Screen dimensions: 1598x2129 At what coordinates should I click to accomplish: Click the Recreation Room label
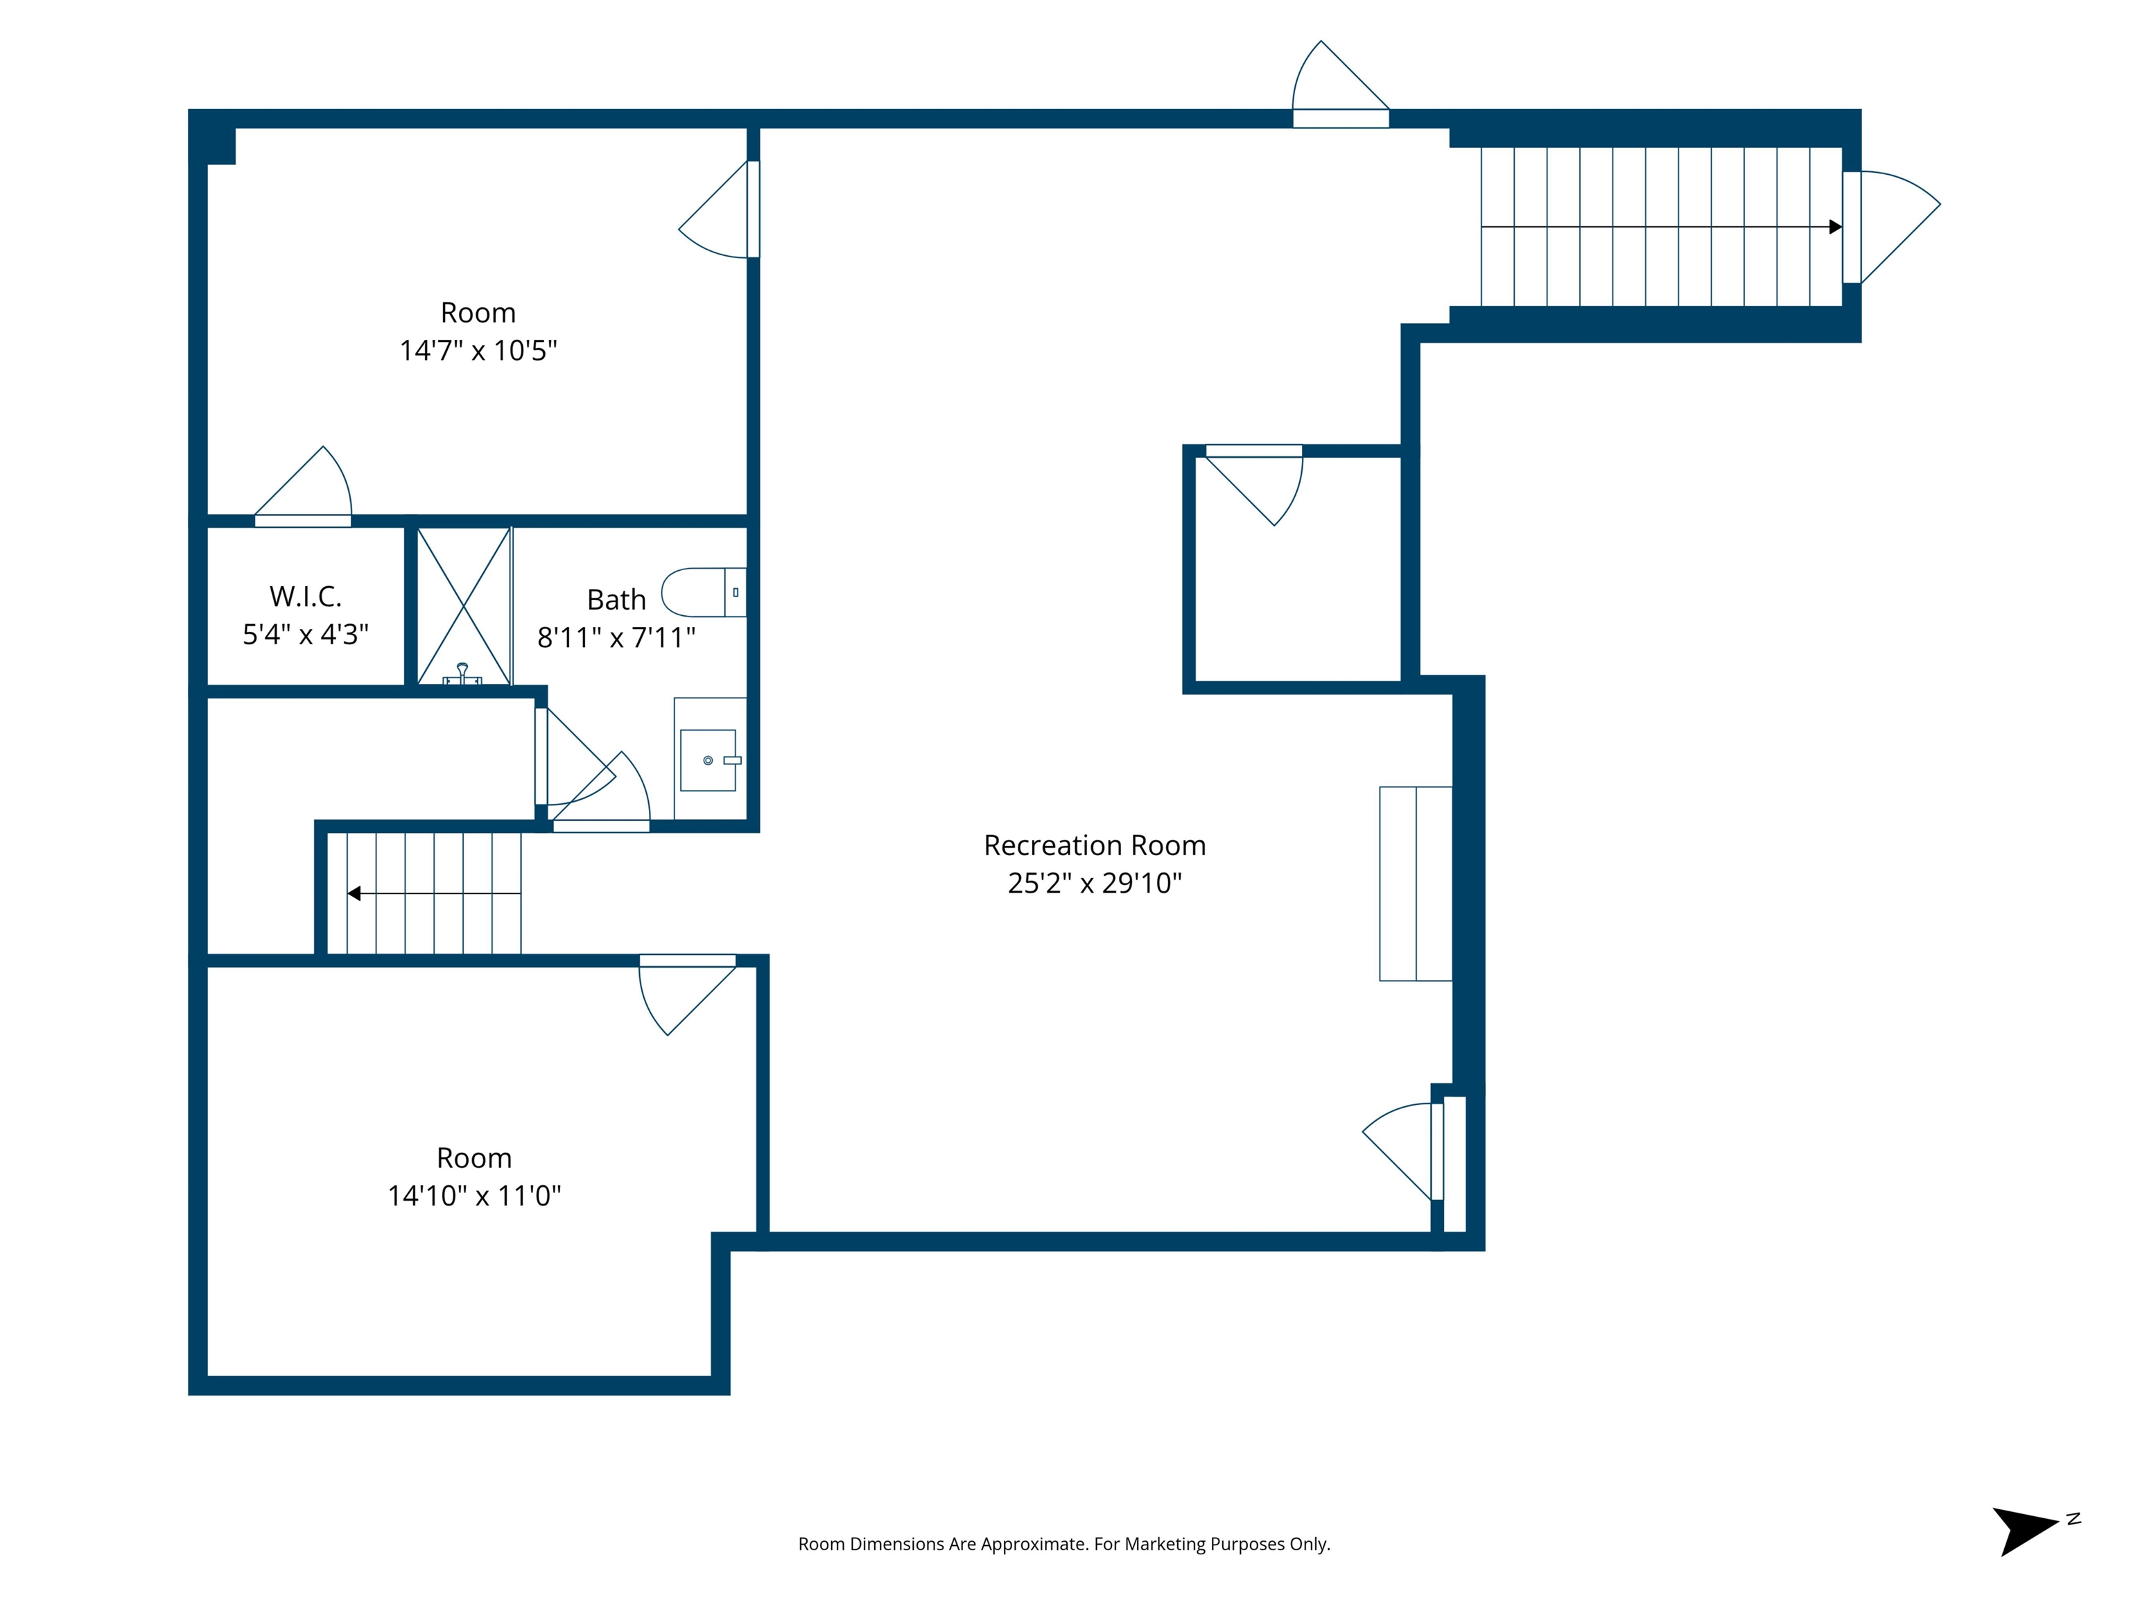[x=1095, y=845]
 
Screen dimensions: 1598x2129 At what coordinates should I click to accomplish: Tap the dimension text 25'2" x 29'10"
[x=1095, y=883]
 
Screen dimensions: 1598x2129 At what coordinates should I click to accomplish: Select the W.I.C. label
[x=305, y=597]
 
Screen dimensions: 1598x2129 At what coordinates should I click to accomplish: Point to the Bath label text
[x=616, y=600]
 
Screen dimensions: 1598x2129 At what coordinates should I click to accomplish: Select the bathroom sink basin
[x=709, y=760]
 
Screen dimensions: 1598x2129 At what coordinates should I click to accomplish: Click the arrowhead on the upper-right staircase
[x=1834, y=227]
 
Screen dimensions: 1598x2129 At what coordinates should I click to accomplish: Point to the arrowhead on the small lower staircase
[x=354, y=893]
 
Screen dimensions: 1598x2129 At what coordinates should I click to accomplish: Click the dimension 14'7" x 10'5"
[x=478, y=350]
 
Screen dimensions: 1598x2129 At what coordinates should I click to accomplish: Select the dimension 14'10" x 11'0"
[x=473, y=1196]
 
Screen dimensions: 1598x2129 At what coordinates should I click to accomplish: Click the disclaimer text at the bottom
[x=1063, y=1544]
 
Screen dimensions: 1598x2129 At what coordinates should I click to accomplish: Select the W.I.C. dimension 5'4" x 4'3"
[x=305, y=635]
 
